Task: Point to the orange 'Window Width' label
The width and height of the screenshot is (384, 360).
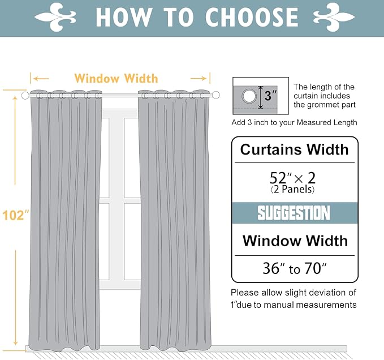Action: [116, 79]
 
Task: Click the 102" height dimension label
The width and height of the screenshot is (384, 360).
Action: [15, 216]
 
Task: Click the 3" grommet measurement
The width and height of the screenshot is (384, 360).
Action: [271, 96]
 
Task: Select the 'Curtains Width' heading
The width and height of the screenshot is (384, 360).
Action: [294, 150]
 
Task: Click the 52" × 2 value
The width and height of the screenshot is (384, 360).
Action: [294, 177]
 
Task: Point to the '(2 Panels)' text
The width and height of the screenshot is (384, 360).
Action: [294, 190]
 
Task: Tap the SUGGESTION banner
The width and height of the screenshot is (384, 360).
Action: [294, 213]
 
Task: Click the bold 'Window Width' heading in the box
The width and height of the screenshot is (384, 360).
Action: [295, 241]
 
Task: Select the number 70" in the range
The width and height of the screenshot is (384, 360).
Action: [315, 268]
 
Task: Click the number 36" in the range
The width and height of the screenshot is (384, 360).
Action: [271, 268]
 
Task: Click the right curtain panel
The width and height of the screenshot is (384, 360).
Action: [174, 221]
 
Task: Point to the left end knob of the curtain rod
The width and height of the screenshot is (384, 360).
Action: [25, 96]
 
